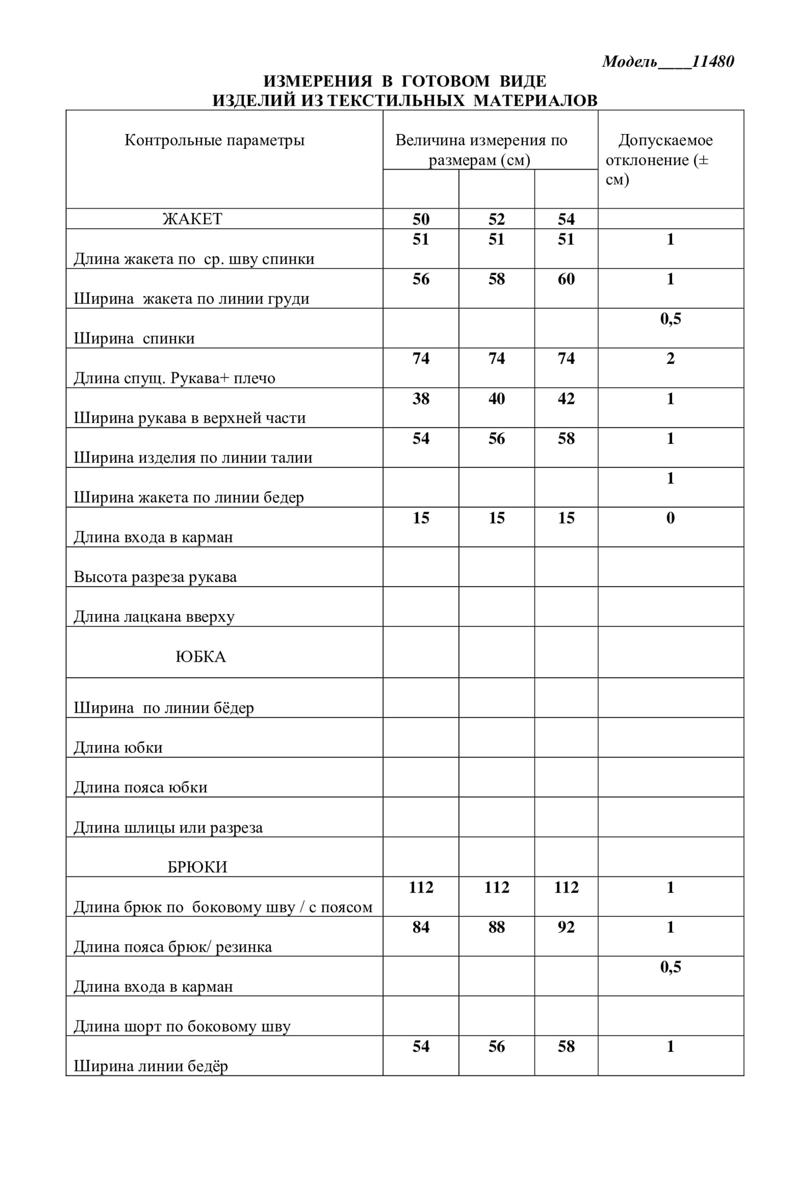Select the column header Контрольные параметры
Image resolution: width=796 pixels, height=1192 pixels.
[214, 140]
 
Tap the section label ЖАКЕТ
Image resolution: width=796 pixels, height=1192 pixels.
[192, 219]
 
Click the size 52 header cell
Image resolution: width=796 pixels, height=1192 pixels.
[496, 219]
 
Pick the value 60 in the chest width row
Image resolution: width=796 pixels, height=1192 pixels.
[566, 279]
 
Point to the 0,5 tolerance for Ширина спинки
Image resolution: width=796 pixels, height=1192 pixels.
[670, 319]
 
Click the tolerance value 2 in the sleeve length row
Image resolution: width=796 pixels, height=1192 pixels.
[670, 359]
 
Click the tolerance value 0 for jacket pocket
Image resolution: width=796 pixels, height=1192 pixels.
[670, 518]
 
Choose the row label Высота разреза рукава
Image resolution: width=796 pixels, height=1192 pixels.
[155, 577]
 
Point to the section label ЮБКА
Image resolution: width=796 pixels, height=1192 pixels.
[200, 657]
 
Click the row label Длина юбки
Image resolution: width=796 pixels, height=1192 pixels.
[118, 748]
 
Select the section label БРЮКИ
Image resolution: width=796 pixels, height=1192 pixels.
[197, 867]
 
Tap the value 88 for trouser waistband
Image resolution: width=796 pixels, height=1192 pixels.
[496, 927]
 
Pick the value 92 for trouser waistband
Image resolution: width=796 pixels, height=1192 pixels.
[566, 927]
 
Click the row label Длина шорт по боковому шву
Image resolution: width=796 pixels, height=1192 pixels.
[182, 1026]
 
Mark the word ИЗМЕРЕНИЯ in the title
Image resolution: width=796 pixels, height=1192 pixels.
[318, 81]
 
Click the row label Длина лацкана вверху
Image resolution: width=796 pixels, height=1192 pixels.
[155, 617]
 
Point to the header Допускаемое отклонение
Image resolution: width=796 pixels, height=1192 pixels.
[665, 150]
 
